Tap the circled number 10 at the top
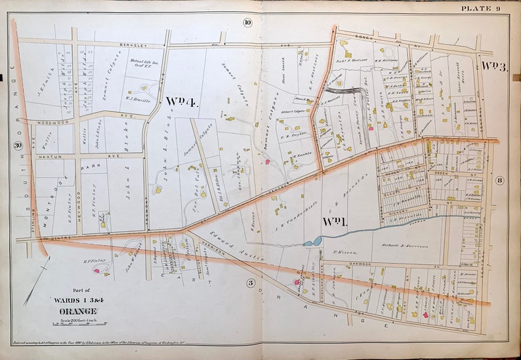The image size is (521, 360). click(247, 22)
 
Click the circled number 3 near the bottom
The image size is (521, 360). click(250, 283)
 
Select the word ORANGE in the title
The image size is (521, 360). click(76, 310)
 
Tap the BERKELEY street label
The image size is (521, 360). click(131, 45)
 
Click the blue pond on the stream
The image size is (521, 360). click(308, 243)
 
